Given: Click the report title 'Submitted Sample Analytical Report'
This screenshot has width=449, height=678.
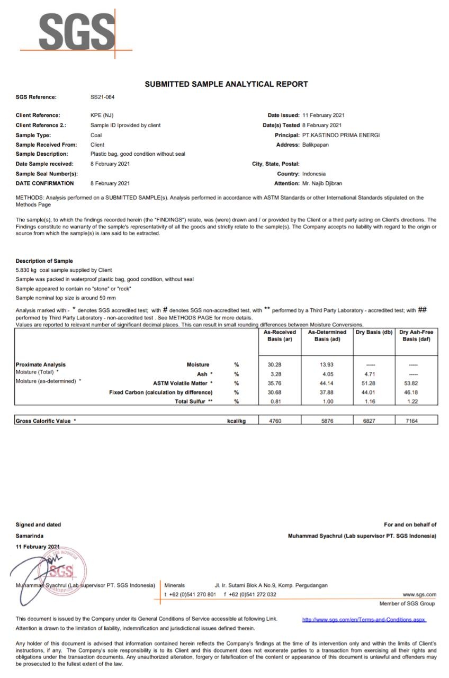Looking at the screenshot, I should (x=226, y=84).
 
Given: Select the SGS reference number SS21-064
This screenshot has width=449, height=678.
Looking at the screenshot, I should (x=103, y=97).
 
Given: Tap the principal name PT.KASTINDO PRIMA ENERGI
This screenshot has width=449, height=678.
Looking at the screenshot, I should (x=341, y=135).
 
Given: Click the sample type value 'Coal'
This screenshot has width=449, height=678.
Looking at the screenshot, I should (x=96, y=135).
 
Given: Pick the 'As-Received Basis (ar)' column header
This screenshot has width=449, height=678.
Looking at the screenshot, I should (x=280, y=335).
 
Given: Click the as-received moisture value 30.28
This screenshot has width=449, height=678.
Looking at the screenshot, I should (x=280, y=364).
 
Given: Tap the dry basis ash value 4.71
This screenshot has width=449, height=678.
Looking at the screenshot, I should (x=374, y=374).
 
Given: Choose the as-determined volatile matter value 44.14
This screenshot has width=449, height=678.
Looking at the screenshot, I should (x=327, y=383).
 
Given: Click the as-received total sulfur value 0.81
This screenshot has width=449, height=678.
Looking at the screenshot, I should (x=280, y=402).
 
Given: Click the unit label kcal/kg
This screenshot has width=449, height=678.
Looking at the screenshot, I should (x=236, y=421).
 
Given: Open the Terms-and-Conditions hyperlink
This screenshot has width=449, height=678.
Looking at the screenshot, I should (x=364, y=619).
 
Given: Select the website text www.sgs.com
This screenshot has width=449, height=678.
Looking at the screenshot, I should (x=419, y=594).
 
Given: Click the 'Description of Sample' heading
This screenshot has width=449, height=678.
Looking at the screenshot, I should (x=44, y=261).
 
